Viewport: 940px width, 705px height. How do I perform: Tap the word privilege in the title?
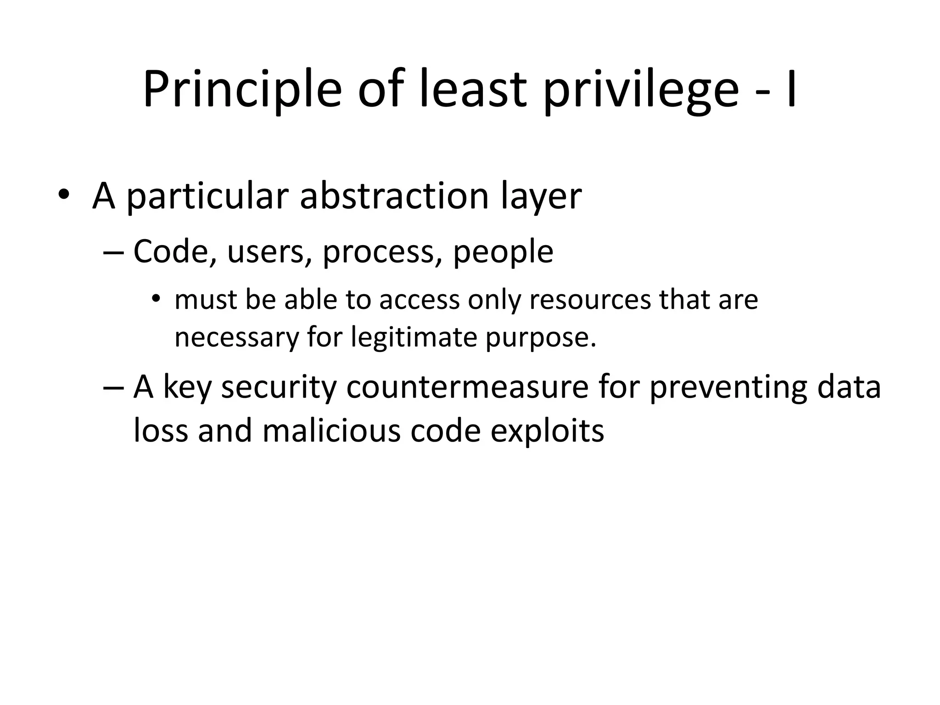(641, 90)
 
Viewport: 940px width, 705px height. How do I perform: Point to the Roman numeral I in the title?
(791, 90)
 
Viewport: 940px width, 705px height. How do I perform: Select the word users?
(266, 252)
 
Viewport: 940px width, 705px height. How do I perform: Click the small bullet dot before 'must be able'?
(156, 300)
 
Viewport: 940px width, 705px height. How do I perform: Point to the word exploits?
(547, 432)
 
